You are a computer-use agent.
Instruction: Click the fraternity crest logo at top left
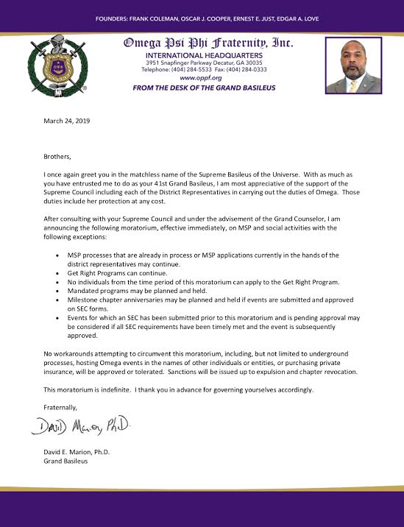[57, 65]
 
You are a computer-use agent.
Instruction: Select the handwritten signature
[82, 424]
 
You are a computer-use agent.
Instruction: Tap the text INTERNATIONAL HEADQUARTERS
[201, 55]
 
